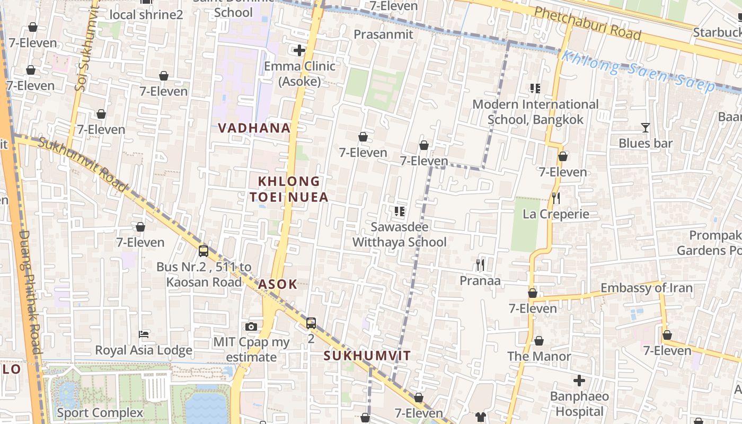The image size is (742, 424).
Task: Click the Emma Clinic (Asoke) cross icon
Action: point(299,50)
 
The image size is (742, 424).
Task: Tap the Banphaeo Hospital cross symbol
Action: point(579,381)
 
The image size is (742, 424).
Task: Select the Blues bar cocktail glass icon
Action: point(645,128)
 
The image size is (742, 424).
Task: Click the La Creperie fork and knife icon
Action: point(556,198)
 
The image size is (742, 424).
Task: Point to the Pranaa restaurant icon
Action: point(480,264)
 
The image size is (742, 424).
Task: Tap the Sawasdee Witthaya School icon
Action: point(400,211)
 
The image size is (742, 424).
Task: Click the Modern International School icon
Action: point(535,89)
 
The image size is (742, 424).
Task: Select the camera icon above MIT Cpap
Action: point(251,326)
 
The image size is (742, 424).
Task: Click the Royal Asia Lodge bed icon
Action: point(143,334)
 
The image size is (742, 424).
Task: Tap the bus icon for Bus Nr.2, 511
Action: point(204,251)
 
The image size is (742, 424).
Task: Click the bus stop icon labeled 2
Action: point(311,322)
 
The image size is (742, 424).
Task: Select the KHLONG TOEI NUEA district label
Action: point(289,189)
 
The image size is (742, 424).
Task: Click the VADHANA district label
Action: point(254,128)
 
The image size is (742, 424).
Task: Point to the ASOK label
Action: point(278,284)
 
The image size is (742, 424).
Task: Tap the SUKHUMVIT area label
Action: point(367,356)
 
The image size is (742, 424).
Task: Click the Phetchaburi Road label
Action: point(587,24)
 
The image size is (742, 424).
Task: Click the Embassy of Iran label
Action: point(646,288)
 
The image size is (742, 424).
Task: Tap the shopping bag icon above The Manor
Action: point(539,341)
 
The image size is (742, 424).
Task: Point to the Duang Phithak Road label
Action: point(30,291)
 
